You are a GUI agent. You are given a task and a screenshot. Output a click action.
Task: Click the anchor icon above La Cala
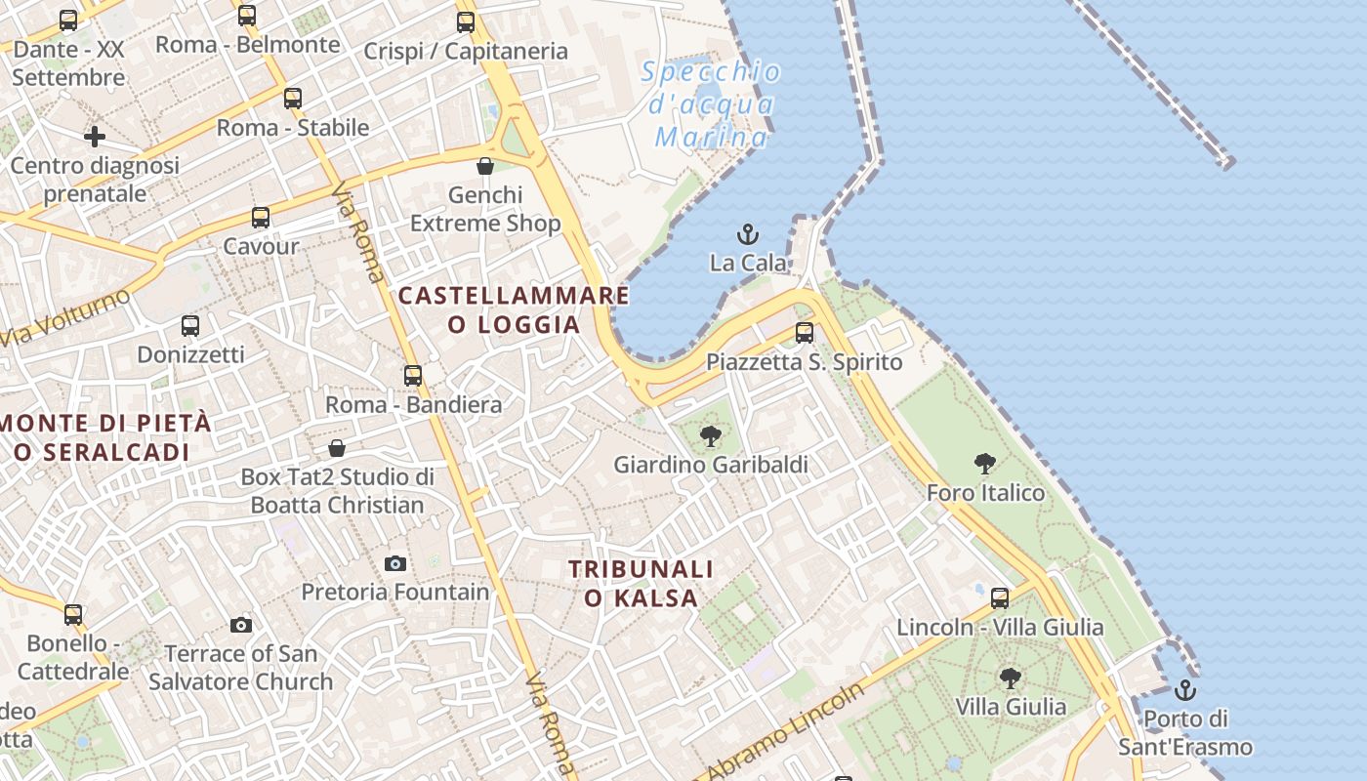click(747, 234)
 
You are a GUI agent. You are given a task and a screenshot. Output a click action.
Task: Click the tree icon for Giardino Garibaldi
click(711, 436)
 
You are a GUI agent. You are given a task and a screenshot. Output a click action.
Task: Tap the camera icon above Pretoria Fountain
click(395, 563)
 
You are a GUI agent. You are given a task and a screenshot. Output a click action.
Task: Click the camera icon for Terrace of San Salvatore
click(241, 625)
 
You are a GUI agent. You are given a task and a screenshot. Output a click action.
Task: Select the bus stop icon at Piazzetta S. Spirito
click(805, 333)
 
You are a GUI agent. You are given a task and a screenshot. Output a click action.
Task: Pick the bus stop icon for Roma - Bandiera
click(413, 376)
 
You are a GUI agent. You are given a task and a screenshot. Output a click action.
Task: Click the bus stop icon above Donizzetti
click(190, 326)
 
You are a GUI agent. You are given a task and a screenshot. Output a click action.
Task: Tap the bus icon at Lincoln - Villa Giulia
click(1000, 598)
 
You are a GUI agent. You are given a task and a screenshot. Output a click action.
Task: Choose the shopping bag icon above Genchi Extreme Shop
click(485, 166)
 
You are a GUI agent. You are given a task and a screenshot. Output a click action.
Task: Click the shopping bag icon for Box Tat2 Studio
click(337, 448)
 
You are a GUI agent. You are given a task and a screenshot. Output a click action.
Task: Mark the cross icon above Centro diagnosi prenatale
click(95, 137)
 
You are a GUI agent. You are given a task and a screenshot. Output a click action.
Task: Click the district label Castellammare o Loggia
click(514, 309)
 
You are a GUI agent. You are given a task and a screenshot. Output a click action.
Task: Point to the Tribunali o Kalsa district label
click(642, 583)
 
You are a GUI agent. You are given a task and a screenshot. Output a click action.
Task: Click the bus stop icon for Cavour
click(261, 218)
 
